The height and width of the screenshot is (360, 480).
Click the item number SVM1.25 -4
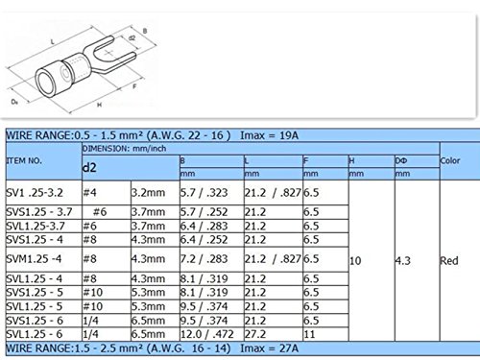pos(34,259)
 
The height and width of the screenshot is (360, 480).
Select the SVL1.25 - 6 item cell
pos(35,334)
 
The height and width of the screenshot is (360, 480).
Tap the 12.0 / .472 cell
pos(206,334)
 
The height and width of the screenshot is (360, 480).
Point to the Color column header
pos(450,160)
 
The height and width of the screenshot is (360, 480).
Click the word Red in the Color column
pos(449,261)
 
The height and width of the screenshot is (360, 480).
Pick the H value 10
pos(355,261)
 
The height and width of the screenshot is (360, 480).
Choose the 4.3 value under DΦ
pos(403,261)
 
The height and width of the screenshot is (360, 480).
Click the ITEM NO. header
pos(24,160)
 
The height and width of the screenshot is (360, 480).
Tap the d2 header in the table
pos(89,167)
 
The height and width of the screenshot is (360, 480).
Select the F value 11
pos(309,334)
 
